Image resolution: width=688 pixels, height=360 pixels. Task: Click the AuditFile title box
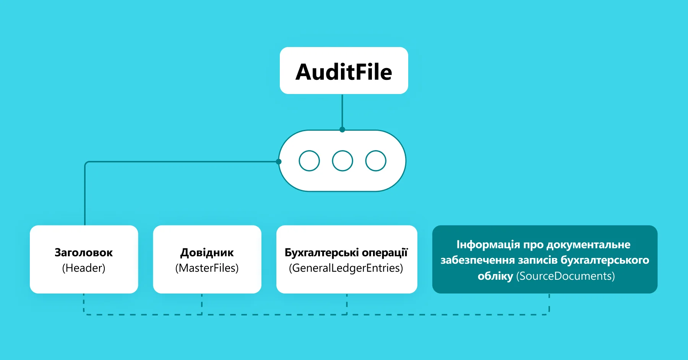point(344,71)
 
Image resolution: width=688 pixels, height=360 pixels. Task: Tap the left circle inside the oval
point(309,161)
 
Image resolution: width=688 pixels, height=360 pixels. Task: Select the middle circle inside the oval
point(342,161)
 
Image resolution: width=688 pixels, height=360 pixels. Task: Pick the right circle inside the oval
point(376,161)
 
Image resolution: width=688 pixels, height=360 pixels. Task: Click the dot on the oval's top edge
point(342,130)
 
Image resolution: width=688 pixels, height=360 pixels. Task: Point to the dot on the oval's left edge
point(279,162)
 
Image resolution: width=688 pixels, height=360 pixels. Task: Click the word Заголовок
point(83,253)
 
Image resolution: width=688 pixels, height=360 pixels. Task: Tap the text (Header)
point(83,268)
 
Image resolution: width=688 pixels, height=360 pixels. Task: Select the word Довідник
point(207,253)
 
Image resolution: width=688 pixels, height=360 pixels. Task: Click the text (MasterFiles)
point(207,268)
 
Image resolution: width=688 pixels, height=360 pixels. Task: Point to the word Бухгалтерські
point(321,253)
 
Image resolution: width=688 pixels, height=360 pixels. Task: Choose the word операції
point(385,253)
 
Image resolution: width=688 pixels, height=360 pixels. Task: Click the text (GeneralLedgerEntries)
point(346,268)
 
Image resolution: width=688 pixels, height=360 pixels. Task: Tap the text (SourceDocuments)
point(565,276)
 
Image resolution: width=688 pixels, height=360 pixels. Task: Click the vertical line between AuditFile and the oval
point(342,112)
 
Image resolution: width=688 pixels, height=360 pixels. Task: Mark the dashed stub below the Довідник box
point(202,304)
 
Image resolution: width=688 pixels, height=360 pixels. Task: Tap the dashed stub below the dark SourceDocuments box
point(549,304)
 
